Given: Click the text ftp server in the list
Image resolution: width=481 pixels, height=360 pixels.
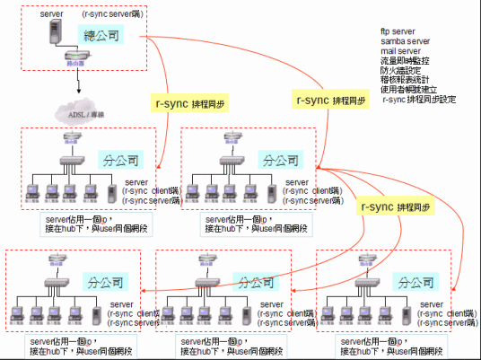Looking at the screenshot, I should point(398,32).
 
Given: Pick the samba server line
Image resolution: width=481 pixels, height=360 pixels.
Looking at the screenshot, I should point(405,42).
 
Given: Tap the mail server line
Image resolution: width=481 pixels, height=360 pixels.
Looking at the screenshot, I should point(400,52).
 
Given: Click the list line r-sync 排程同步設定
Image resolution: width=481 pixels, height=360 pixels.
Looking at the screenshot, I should point(418,100).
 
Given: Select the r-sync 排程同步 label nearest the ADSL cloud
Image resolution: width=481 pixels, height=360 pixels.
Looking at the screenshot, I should point(190,104).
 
